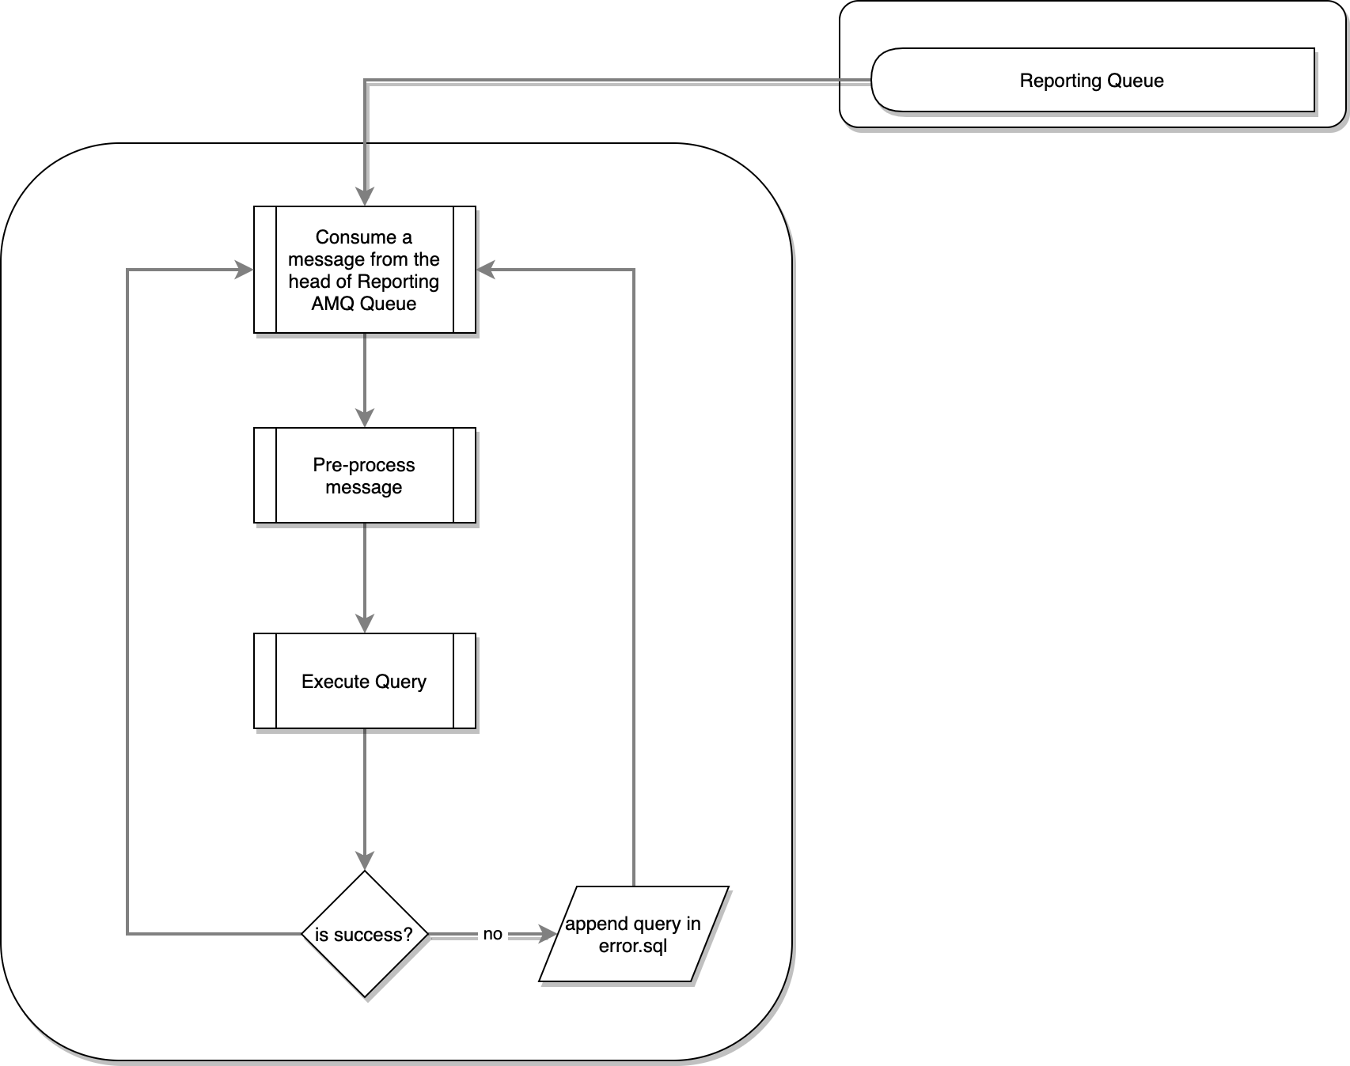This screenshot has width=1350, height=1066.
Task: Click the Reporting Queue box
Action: pos(1092,80)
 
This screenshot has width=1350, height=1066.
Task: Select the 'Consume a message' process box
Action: pos(364,270)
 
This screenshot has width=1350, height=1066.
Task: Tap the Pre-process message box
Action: pos(364,475)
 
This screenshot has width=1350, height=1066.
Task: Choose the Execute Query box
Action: pos(364,681)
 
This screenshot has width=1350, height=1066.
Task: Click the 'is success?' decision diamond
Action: pos(364,934)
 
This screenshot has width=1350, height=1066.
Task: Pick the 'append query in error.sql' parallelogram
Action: pos(633,934)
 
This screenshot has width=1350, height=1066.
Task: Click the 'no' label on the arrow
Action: pos(492,934)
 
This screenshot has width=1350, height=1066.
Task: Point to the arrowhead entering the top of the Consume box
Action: pos(364,198)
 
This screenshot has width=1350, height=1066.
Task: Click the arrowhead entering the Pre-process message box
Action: pos(364,418)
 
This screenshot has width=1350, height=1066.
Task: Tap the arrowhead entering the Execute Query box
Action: pos(364,624)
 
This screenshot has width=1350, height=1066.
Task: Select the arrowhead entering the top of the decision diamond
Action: pos(364,861)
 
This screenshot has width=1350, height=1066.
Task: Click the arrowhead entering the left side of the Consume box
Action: pos(245,270)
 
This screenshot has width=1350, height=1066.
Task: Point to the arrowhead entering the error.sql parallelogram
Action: pos(548,934)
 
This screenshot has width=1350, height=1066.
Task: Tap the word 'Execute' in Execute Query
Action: pos(335,681)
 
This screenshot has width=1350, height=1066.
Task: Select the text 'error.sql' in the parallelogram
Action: pos(633,946)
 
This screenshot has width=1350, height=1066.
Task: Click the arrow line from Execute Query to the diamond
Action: pos(364,791)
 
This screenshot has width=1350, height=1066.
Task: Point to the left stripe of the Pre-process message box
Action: pos(265,475)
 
